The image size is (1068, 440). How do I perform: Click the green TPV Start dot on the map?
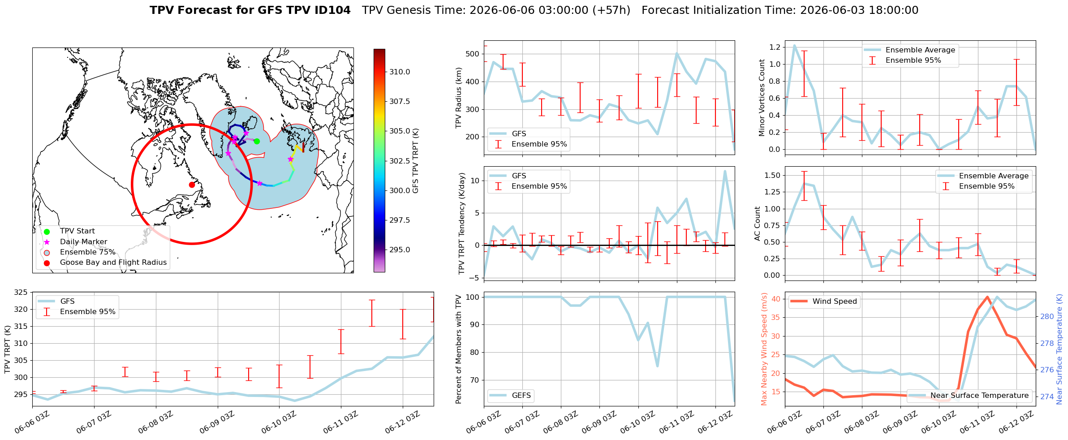(x=257, y=141)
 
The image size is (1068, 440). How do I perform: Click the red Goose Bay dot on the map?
(x=192, y=185)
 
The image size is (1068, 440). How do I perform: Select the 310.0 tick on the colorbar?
(x=400, y=72)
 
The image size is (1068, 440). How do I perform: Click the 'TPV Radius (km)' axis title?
(x=458, y=98)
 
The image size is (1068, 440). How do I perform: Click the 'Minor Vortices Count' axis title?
(x=762, y=98)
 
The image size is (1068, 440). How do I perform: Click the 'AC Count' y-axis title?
(x=758, y=224)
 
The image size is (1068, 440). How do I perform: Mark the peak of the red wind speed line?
(x=987, y=297)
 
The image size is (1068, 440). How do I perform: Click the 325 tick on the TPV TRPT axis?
(x=21, y=293)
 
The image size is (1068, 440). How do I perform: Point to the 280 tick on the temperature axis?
(x=1047, y=316)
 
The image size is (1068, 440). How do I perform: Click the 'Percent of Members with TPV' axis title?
(x=458, y=349)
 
